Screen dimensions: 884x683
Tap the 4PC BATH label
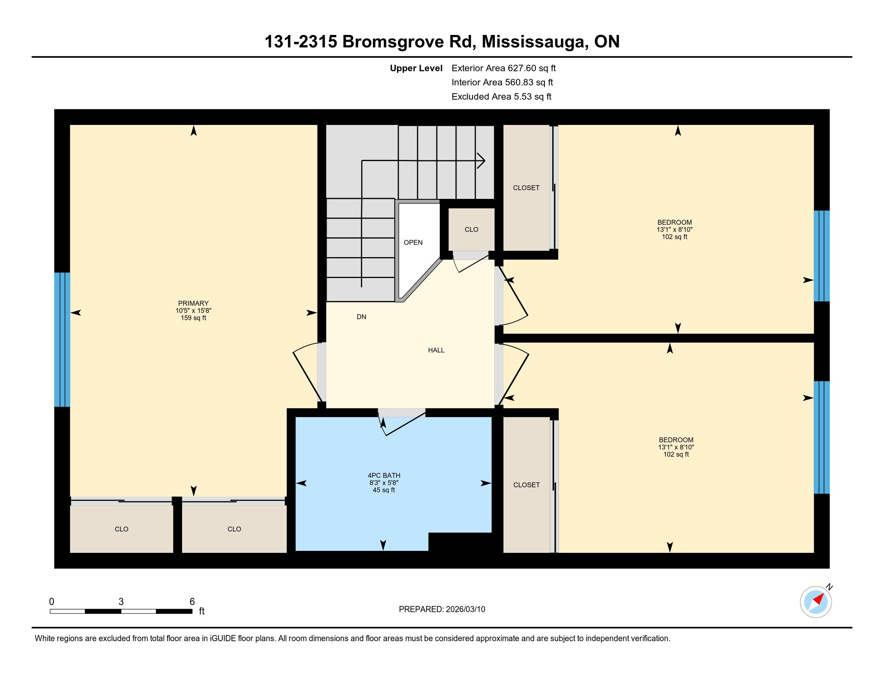pyautogui.click(x=384, y=475)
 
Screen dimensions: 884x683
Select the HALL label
pyautogui.click(x=436, y=350)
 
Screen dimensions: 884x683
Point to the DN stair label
pyautogui.click(x=361, y=317)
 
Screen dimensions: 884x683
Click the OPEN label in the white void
pyautogui.click(x=413, y=242)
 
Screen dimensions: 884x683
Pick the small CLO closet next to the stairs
pyautogui.click(x=471, y=229)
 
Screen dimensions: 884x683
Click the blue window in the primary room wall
pyautogui.click(x=62, y=339)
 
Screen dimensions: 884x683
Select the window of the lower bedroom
pyautogui.click(x=821, y=438)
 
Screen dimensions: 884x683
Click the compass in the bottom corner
pyautogui.click(x=816, y=602)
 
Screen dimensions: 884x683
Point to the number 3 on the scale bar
pyautogui.click(x=121, y=602)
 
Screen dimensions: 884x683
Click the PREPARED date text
pyautogui.click(x=442, y=609)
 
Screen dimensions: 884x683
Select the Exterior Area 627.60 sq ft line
pyautogui.click(x=503, y=68)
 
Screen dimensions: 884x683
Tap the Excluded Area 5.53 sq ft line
pyautogui.click(x=501, y=97)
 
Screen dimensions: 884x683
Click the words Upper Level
pyautogui.click(x=416, y=68)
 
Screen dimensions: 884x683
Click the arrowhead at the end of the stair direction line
pyautogui.click(x=482, y=161)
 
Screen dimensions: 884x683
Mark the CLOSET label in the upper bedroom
pyautogui.click(x=526, y=188)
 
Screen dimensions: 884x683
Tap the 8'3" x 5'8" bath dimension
pyautogui.click(x=384, y=483)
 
